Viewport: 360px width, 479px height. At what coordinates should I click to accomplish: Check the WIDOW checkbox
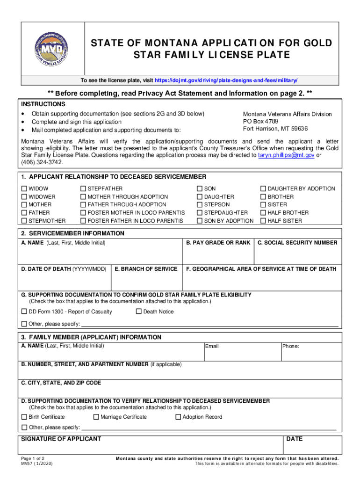pos(24,189)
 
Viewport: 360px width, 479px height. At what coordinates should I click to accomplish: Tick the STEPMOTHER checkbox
pos(24,221)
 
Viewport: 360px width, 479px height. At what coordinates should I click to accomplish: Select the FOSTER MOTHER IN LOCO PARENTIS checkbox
pos(83,213)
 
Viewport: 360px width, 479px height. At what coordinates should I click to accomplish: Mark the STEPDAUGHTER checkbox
pos(200,213)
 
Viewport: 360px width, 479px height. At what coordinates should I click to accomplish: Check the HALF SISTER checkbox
pos(263,221)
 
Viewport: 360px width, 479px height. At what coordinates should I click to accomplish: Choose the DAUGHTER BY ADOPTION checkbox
pos(263,189)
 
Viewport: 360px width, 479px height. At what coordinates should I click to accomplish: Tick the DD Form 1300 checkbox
pos(24,312)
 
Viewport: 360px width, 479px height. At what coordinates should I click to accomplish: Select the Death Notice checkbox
pos(139,312)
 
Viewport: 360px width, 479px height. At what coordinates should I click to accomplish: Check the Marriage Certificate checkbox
pos(96,417)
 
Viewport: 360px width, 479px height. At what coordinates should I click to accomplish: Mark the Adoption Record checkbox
pos(178,417)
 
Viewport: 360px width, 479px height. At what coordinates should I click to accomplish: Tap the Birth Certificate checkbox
pos(24,417)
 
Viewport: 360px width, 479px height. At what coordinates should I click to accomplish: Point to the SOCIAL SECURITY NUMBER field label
pos(297,243)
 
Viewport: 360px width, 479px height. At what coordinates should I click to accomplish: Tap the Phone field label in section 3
pos(291,347)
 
